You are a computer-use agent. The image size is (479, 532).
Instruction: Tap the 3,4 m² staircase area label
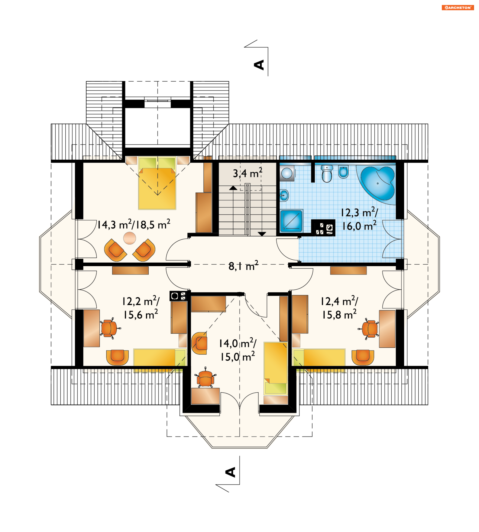click(247, 173)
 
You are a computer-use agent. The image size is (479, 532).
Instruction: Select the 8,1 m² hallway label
click(243, 266)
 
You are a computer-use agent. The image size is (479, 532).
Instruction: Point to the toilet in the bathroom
click(327, 174)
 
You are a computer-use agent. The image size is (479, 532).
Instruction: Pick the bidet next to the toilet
click(343, 172)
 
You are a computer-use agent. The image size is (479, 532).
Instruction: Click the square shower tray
click(291, 221)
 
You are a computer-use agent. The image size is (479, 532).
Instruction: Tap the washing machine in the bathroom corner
click(287, 173)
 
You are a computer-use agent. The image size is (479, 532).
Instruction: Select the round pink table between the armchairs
click(129, 238)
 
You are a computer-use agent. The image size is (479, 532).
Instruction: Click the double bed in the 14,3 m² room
click(157, 183)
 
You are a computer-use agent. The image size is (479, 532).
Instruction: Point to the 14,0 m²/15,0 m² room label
click(238, 350)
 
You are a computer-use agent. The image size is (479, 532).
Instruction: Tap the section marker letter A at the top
click(259, 65)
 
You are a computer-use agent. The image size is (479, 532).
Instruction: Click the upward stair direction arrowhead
click(233, 188)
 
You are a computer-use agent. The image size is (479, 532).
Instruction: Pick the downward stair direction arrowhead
click(262, 234)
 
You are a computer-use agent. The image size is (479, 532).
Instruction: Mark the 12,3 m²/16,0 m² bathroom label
click(359, 219)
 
